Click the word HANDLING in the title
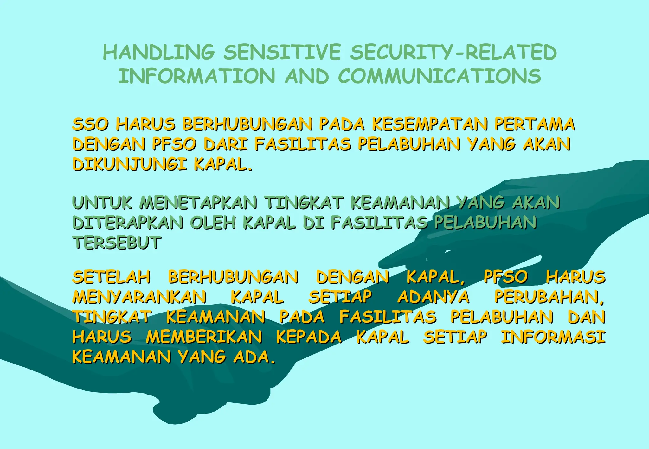coord(159,52)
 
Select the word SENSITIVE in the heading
coord(282,52)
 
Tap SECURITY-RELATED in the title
coord(453,52)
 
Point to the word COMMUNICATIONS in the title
coord(440,76)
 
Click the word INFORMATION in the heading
coord(197,76)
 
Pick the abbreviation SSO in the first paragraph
coord(91,124)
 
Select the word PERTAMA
coord(535,124)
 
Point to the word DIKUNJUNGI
coord(129,164)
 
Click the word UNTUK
coord(102,203)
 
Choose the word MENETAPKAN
coord(198,203)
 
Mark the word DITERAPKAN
coord(128,223)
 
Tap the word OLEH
coord(213,223)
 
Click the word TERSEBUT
coord(117,243)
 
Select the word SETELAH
coord(112,277)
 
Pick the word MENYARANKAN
coord(139,297)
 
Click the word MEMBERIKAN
coord(204,337)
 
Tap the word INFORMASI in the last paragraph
coord(553,337)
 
